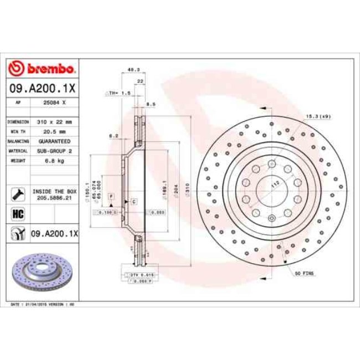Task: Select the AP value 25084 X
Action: (55, 103)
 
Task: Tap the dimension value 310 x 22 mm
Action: (54, 121)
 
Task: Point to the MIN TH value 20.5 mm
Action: (54, 131)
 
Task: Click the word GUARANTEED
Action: (54, 141)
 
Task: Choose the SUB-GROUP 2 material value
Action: (54, 151)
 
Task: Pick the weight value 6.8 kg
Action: (54, 161)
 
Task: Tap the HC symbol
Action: (17, 214)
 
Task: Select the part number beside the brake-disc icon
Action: (54, 235)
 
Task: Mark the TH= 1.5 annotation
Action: (119, 94)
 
